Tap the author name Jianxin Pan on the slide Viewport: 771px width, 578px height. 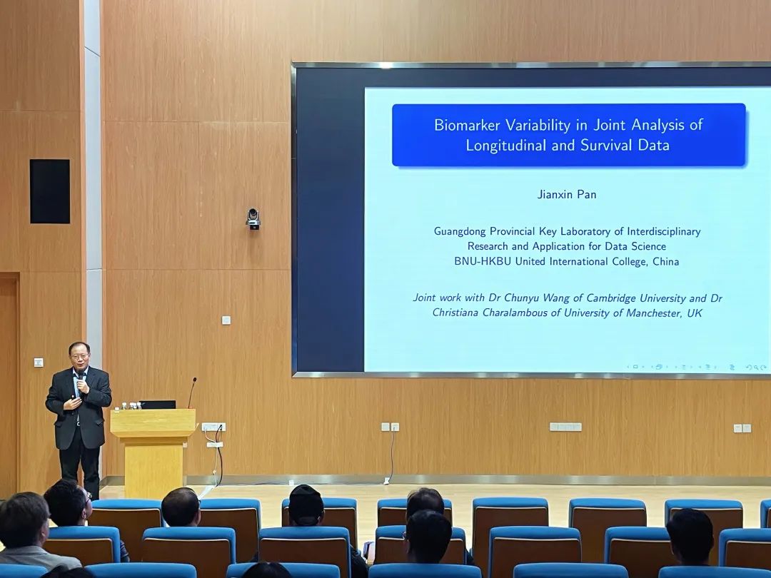pos(566,194)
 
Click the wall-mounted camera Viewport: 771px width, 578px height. pos(253,219)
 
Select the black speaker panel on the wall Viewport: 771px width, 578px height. pos(50,191)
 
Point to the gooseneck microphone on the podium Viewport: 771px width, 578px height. pos(192,392)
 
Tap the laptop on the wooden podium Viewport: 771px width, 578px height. pos(157,405)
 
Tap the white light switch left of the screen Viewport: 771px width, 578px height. pos(226,320)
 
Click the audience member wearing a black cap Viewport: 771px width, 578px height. pos(306,506)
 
